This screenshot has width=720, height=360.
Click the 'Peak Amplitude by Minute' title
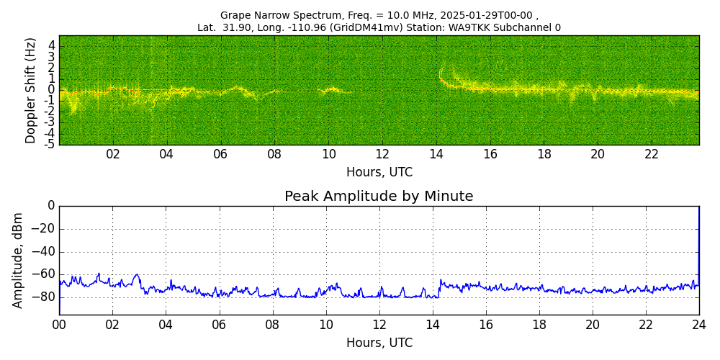point(379,197)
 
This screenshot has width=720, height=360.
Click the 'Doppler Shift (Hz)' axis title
point(31,90)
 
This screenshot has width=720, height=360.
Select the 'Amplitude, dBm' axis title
point(19,260)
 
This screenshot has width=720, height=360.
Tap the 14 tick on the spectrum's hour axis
point(436,154)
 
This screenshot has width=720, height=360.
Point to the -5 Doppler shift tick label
point(50,145)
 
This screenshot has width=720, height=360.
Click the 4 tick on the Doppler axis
point(52,45)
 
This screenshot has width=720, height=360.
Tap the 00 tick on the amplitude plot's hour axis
point(59,324)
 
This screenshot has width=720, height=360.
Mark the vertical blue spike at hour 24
point(698,245)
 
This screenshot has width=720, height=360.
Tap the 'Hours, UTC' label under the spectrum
point(379,172)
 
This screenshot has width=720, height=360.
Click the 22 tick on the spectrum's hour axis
point(652,154)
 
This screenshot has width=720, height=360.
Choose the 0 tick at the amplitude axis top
point(51,206)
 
